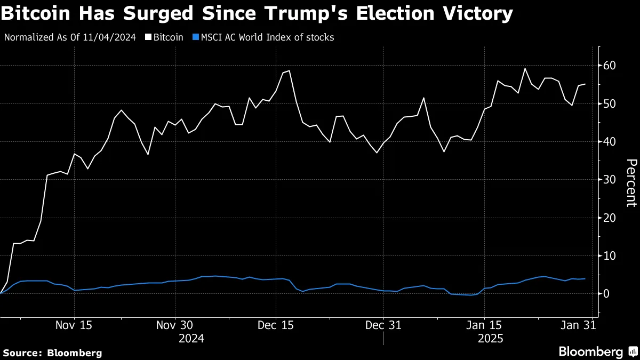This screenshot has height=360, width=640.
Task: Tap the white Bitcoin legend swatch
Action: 148,37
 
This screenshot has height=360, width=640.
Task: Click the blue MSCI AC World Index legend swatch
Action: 195,37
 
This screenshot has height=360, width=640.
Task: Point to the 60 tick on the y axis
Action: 609,66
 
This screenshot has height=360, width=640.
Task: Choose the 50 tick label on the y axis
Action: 609,103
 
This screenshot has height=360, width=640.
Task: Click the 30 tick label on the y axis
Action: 609,180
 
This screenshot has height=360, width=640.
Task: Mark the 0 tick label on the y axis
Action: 606,294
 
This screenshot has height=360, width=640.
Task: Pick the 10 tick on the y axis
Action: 609,256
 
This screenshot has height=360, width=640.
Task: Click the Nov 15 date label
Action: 74,325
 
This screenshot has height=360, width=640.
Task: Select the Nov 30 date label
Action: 174,325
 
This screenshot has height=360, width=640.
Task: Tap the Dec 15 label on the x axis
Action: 275,325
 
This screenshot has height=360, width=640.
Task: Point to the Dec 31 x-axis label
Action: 383,325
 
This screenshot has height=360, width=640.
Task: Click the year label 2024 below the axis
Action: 191,338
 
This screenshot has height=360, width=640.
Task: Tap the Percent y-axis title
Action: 630,182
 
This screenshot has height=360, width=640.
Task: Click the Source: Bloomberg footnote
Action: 52,353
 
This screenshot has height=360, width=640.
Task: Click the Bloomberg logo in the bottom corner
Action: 597,351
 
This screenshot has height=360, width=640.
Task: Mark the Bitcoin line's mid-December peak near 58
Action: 289,70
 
